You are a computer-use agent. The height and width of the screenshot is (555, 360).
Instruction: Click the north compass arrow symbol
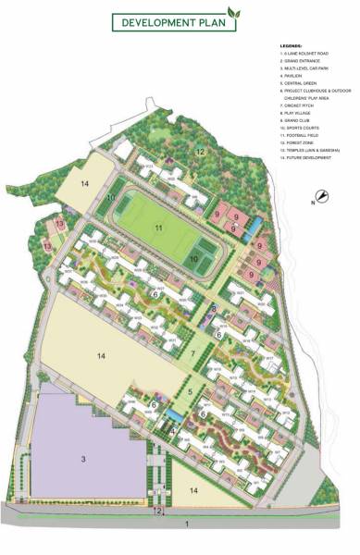(321, 195)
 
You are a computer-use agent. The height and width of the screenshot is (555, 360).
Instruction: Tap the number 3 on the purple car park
(83, 459)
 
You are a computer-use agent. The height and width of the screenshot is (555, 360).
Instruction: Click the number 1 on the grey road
(187, 524)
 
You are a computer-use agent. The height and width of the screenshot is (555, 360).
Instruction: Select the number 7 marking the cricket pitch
(192, 354)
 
